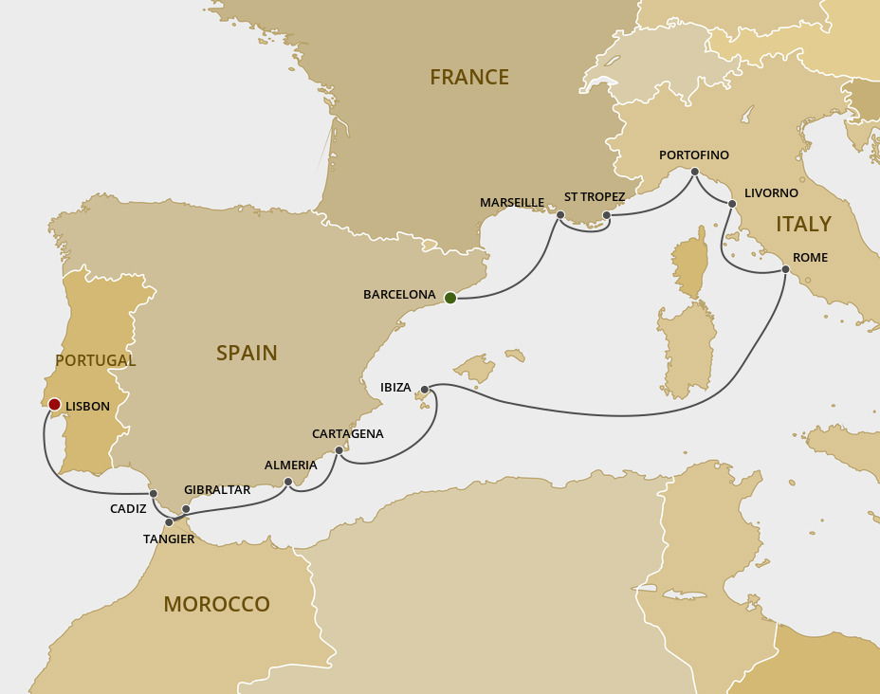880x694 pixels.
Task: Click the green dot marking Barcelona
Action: pos(450,298)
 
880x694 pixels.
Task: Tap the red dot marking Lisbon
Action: pos(55,405)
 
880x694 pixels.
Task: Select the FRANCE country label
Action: pos(468,78)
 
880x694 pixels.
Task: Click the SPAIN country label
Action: pos(247,353)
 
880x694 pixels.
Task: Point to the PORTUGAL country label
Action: pos(95,360)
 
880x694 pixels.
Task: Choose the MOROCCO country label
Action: pos(216,604)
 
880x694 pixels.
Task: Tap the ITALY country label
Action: pos(803,225)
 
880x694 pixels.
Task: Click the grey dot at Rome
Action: pos(785,270)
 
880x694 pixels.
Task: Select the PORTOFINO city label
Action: pos(694,155)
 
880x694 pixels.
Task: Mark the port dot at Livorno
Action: pos(732,204)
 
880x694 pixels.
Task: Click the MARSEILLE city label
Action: pos(512,202)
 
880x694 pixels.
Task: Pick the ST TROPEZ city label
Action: pos(595,196)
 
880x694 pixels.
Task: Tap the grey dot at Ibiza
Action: pos(425,390)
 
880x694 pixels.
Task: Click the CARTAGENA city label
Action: pos(348,433)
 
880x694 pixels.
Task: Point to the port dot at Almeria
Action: pos(288,482)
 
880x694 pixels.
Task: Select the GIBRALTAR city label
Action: pos(217,489)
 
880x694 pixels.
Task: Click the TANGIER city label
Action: pos(169,539)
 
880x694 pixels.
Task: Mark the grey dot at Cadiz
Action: pos(153,493)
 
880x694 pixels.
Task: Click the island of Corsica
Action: pos(691,268)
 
